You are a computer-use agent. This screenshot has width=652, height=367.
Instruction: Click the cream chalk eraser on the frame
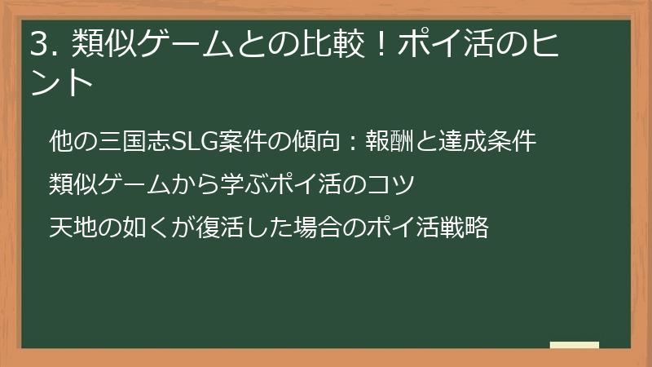(575, 346)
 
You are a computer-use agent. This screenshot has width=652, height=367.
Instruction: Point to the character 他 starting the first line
(59, 141)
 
